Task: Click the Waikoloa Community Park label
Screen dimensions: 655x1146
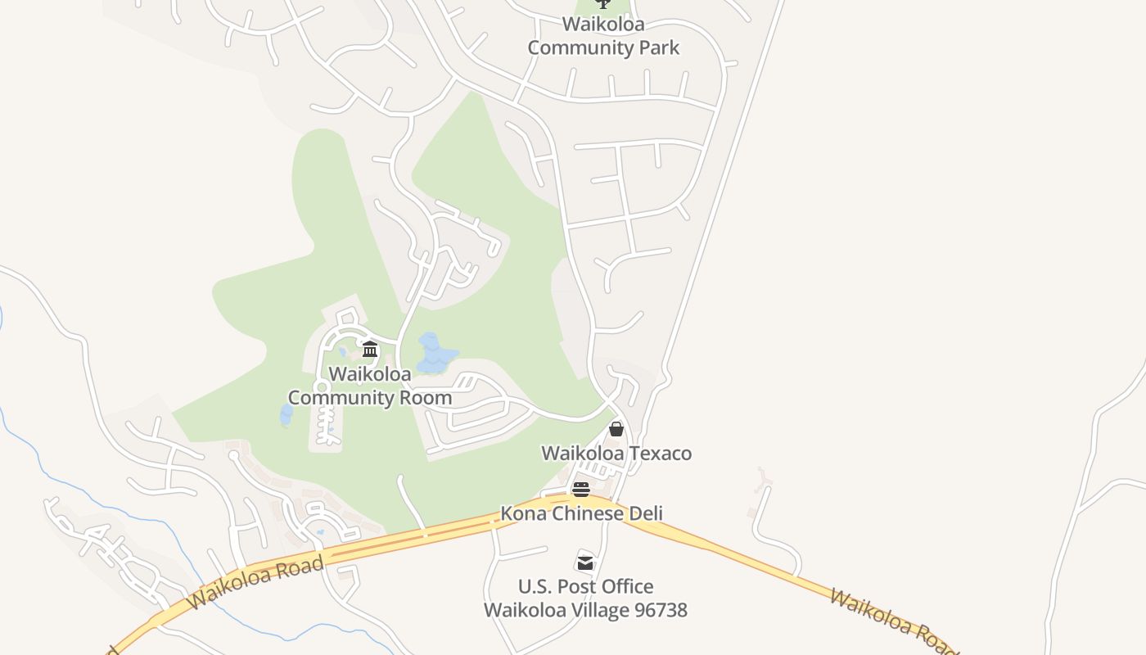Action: click(x=603, y=35)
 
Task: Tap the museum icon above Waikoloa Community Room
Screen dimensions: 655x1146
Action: click(x=369, y=350)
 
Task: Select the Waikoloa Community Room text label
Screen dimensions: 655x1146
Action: click(x=369, y=386)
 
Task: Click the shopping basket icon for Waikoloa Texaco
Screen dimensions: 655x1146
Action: click(x=616, y=429)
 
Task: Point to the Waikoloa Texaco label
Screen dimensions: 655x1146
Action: click(x=616, y=453)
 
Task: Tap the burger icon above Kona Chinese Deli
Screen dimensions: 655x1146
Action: click(x=581, y=490)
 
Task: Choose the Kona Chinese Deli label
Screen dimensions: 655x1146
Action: click(x=581, y=513)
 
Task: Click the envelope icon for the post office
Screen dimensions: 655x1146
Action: click(x=585, y=562)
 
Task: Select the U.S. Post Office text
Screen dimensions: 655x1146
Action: click(x=585, y=586)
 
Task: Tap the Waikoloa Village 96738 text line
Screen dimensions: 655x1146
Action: click(x=585, y=610)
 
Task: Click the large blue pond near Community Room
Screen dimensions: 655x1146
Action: click(x=433, y=353)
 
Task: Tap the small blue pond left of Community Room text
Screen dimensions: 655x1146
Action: click(x=286, y=415)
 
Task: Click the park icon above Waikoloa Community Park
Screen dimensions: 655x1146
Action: click(x=603, y=4)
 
